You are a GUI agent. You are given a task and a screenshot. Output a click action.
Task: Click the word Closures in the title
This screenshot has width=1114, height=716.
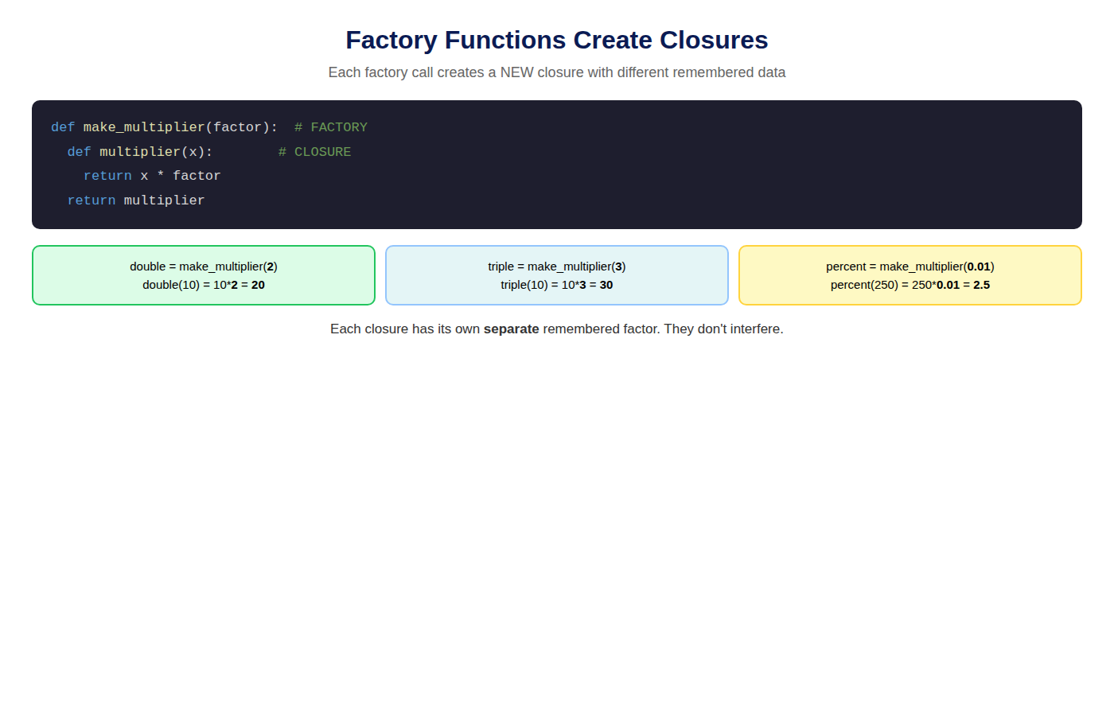pos(714,40)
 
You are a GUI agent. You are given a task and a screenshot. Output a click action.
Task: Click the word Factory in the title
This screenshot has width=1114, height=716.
pos(391,41)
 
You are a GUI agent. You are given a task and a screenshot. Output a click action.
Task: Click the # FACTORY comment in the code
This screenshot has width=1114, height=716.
pos(331,127)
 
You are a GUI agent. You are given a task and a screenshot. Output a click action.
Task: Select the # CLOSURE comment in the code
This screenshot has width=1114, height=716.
pos(315,152)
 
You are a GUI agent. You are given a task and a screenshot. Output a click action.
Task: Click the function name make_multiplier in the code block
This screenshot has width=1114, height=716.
pos(144,128)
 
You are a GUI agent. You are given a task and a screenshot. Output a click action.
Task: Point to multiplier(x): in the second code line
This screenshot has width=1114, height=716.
pos(156,152)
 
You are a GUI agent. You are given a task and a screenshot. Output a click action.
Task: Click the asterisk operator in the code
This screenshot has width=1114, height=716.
pos(160,176)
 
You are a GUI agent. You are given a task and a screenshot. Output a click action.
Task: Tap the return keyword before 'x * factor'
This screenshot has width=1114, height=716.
pos(107,176)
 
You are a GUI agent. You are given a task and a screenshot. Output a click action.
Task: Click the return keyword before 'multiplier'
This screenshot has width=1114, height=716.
pos(92,200)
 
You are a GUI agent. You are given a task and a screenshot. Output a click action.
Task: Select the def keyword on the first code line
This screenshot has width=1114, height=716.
pos(63,127)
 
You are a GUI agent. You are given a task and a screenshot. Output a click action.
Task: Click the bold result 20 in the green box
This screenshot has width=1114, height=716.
pos(258,285)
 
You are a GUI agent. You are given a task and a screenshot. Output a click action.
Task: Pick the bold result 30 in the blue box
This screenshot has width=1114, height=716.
pos(606,285)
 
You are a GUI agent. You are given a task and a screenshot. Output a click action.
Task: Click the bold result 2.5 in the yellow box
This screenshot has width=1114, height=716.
pos(982,285)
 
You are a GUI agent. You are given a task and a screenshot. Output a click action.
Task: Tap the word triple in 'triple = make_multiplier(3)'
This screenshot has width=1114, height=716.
pos(501,267)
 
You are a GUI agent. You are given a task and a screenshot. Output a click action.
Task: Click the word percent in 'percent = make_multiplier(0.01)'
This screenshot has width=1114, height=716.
pos(846,267)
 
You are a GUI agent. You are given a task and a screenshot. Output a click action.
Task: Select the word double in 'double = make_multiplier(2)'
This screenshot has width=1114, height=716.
pos(148,267)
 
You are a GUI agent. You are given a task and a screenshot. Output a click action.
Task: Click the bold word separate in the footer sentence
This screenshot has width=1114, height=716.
pos(511,329)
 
